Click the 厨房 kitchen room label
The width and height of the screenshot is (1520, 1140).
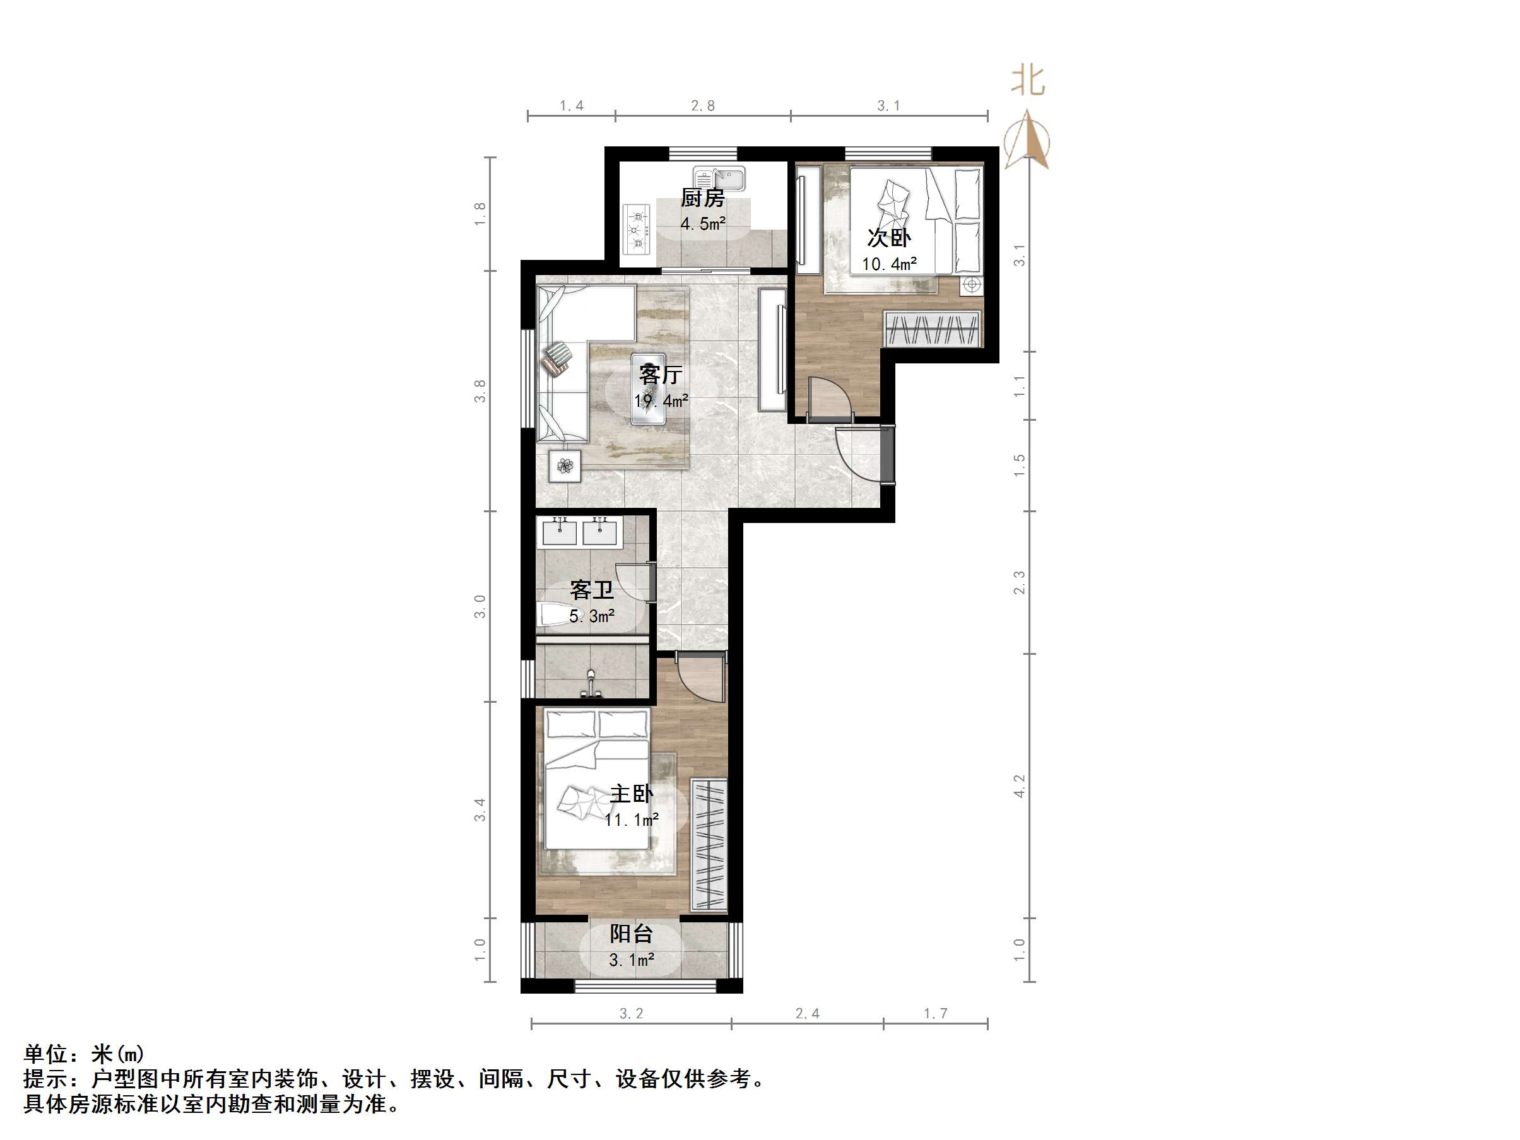tap(702, 199)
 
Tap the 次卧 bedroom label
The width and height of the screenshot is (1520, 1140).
tap(888, 238)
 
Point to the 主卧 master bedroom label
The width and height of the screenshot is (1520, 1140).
tap(631, 794)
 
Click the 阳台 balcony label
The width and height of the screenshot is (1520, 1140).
tap(631, 934)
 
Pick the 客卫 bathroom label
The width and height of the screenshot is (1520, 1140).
tap(591, 591)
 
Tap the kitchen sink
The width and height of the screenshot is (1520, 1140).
tap(719, 179)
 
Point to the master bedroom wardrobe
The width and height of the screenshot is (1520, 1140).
tap(709, 845)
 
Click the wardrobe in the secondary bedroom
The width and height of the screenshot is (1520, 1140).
tap(932, 329)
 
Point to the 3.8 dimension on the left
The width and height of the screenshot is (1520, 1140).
tap(480, 391)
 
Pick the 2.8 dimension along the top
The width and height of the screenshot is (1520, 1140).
tap(702, 106)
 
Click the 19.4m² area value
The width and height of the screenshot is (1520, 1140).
tap(661, 401)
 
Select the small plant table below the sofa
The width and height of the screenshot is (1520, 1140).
tap(565, 467)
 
